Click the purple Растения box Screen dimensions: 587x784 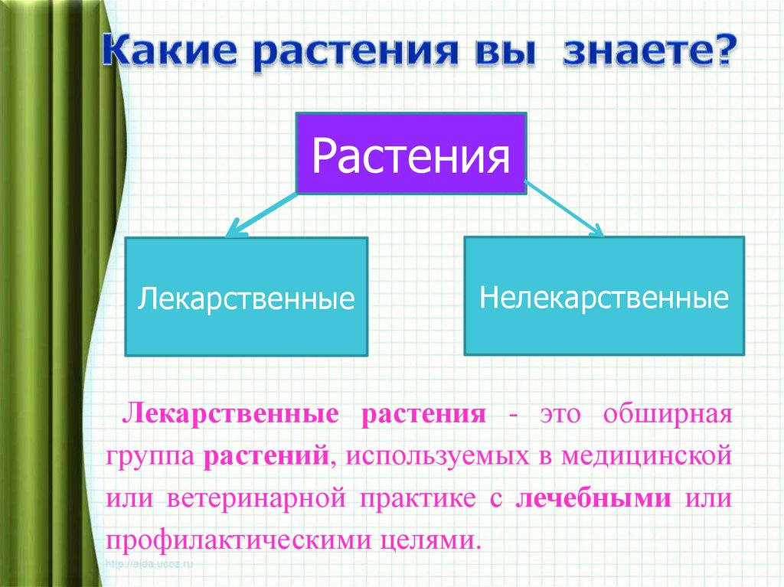click(411, 152)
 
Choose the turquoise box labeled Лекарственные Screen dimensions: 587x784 click(247, 297)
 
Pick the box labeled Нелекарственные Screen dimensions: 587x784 click(604, 296)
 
